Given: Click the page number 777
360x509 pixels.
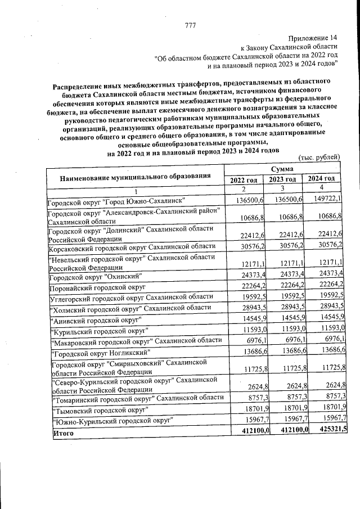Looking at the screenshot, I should (x=190, y=25).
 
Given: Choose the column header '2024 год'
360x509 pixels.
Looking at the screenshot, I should (x=321, y=178).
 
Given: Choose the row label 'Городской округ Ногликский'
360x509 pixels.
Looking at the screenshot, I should (x=100, y=353).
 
